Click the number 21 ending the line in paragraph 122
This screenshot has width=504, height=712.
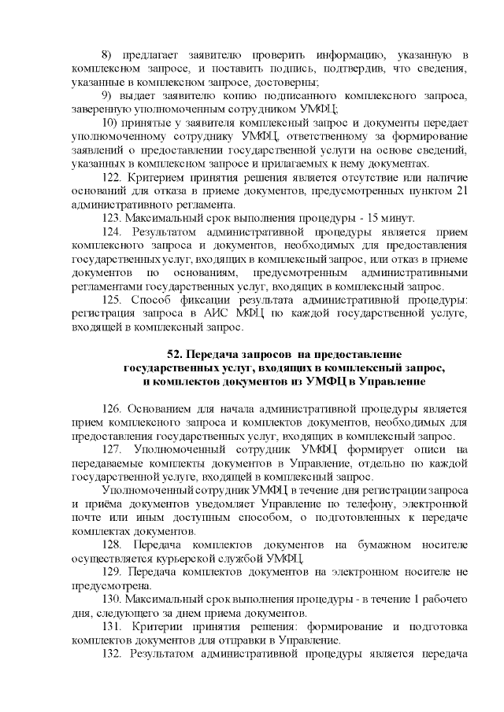coord(464,191)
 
